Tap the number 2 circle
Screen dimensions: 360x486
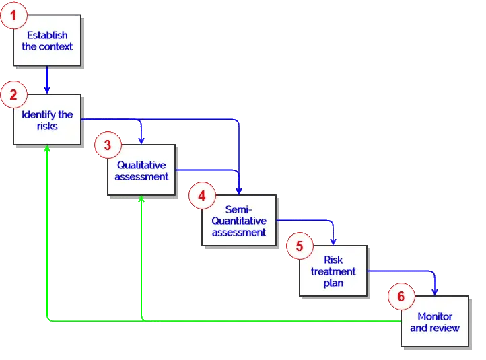click(12, 95)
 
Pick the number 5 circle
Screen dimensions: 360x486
click(299, 246)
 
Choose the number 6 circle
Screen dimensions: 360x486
click(401, 296)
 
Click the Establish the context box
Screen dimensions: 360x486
click(47, 41)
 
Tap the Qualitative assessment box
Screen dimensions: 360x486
click(141, 170)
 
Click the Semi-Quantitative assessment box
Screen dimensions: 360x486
click(239, 221)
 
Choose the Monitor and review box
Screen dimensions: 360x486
click(435, 322)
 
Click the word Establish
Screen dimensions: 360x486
click(47, 35)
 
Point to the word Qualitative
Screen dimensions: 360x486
click(141, 165)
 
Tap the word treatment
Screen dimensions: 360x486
click(333, 271)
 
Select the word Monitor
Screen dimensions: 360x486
click(435, 316)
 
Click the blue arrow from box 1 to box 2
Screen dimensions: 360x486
click(47, 79)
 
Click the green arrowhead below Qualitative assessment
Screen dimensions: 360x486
click(141, 200)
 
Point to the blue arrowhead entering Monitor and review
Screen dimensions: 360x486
click(435, 291)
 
